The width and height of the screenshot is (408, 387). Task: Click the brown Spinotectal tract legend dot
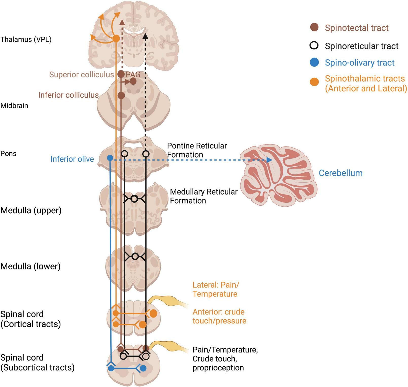tap(314, 27)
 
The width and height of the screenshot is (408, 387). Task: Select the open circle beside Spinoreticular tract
tap(314, 46)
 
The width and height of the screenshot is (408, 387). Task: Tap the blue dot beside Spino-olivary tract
tap(314, 62)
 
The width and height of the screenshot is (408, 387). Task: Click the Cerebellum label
tap(341, 173)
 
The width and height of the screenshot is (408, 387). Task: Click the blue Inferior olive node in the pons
tap(110, 158)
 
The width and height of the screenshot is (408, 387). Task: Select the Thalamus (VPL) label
tap(26, 39)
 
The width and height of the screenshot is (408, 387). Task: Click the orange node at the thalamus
tap(116, 39)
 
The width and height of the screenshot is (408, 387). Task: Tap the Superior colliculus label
tap(81, 74)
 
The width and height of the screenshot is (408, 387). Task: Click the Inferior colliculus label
tap(68, 95)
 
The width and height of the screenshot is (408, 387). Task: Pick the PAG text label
tap(133, 74)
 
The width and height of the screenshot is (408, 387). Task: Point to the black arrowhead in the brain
tap(145, 36)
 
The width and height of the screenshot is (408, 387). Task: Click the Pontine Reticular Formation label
tap(197, 150)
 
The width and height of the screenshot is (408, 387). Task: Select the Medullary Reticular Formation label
tap(203, 196)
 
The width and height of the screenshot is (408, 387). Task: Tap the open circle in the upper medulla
tap(135, 199)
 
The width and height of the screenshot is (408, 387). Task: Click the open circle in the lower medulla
tap(135, 256)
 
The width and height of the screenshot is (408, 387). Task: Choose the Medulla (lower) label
tap(30, 266)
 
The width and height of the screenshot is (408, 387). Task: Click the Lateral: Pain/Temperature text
tap(215, 289)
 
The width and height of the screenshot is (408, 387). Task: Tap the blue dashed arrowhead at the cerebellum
tap(270, 160)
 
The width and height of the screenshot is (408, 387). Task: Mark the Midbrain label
tap(14, 105)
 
